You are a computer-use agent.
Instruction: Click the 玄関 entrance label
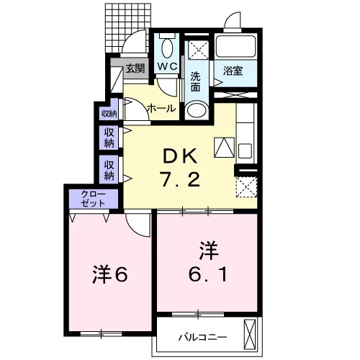[135, 68]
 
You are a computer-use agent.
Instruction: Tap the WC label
[167, 66]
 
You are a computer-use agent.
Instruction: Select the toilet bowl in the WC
[167, 48]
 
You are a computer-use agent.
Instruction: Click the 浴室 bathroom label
[233, 71]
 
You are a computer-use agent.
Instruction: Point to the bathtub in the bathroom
[235, 47]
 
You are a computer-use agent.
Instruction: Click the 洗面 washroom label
[196, 81]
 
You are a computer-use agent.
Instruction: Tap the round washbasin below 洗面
[197, 110]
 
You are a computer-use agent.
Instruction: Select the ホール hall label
[161, 109]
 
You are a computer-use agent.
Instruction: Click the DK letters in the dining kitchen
[180, 156]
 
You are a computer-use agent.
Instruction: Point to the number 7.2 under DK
[180, 180]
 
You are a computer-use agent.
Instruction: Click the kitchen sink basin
[245, 150]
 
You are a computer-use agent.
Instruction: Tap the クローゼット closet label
[93, 199]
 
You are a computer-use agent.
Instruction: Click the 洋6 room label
[110, 274]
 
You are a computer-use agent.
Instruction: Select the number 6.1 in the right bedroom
[208, 274]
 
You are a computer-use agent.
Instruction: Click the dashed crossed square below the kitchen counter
[246, 187]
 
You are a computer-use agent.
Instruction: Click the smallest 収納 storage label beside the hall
[109, 114]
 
